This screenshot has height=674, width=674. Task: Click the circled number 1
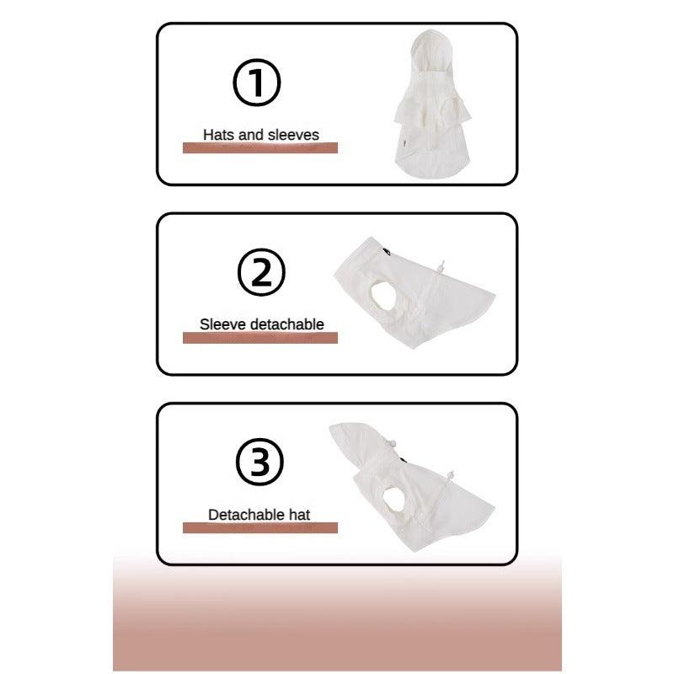click(257, 83)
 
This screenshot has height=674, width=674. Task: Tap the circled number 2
click(261, 272)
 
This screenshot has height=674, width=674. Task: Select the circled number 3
click(259, 462)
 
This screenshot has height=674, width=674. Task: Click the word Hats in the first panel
click(219, 135)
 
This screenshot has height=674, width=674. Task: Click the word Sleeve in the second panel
click(223, 324)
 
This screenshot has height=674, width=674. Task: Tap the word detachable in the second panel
click(287, 324)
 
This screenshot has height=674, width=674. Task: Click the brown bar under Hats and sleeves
click(260, 148)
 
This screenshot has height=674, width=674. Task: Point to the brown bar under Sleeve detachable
click(260, 338)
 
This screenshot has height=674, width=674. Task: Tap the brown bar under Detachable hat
click(260, 528)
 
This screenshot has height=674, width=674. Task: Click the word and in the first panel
click(251, 135)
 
